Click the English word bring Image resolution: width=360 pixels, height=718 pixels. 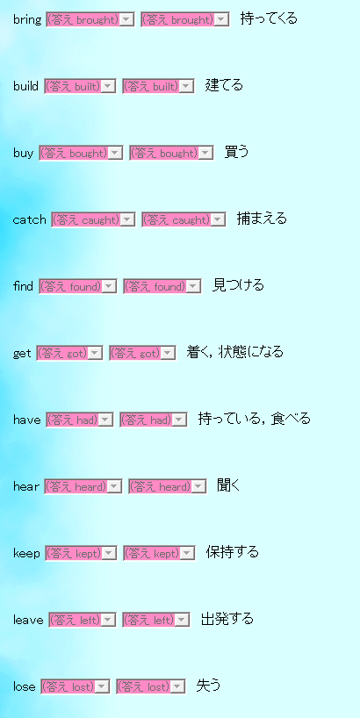click(27, 19)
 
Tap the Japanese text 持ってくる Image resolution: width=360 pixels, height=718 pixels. click(269, 18)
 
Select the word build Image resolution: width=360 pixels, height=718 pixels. click(25, 86)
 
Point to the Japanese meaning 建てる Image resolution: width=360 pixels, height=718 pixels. click(224, 85)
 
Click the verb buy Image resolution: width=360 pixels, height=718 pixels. click(23, 154)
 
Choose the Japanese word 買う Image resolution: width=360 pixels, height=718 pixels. click(236, 152)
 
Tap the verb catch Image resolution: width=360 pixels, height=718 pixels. click(29, 219)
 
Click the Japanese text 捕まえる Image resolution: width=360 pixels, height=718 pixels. click(262, 219)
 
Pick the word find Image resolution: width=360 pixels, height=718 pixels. click(23, 287)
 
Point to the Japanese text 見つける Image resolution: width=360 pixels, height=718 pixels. click(238, 285)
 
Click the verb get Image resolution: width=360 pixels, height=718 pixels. click(22, 354)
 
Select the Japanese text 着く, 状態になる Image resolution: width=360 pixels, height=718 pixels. click(235, 352)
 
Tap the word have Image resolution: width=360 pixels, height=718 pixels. click(27, 420)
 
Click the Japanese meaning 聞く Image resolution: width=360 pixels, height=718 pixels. click(228, 485)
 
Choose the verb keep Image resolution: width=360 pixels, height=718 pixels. click(27, 553)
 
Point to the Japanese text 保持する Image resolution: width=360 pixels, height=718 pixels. click(232, 552)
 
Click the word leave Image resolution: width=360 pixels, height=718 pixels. click(28, 620)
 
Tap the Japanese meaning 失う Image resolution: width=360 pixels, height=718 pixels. click(208, 686)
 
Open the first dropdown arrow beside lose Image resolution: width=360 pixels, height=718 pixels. click(103, 686)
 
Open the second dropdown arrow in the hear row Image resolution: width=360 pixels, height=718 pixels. click(198, 487)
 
